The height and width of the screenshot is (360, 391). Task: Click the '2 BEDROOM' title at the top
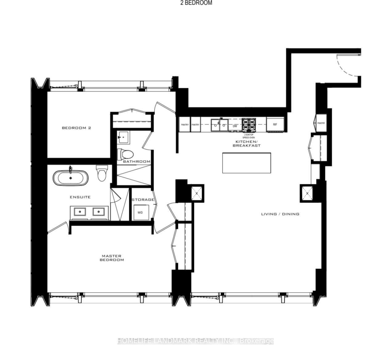[x=196, y=3]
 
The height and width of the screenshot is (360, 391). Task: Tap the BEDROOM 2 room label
[x=76, y=128]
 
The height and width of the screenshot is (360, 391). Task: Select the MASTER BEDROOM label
[x=112, y=258]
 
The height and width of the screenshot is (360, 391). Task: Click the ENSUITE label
[x=80, y=197]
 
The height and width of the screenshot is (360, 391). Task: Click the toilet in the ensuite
[x=101, y=173]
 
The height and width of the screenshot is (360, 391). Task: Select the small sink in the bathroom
[x=123, y=137]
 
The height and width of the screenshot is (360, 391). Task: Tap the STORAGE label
[x=143, y=200]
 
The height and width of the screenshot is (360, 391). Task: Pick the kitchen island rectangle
[x=247, y=163]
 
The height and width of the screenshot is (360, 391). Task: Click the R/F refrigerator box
[x=275, y=125]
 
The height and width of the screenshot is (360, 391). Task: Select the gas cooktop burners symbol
[x=249, y=125]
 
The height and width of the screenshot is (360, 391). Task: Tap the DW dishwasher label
[x=235, y=126]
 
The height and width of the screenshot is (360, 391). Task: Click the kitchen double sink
[x=220, y=125]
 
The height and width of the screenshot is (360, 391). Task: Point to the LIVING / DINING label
[x=280, y=214]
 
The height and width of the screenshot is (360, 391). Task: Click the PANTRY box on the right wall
[x=321, y=123]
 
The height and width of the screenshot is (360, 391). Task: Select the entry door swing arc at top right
[x=347, y=65]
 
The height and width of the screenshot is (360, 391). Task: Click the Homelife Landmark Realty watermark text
[x=196, y=341]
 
